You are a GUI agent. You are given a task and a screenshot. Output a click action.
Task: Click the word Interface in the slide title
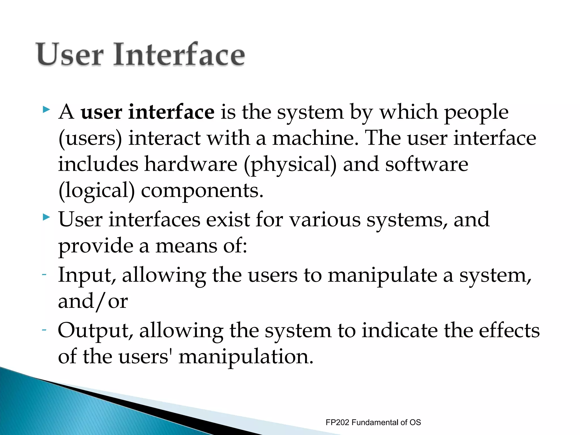[179, 54]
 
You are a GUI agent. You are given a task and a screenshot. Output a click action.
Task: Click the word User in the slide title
[70, 54]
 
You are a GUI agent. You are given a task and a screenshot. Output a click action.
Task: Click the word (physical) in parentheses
[290, 165]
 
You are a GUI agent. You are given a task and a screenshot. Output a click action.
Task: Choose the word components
[202, 191]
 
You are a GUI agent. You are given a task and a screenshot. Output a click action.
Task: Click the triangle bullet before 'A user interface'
[46, 110]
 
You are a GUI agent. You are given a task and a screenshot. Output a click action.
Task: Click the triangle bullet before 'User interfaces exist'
[46, 217]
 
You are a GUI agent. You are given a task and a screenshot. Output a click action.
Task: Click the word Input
[87, 275]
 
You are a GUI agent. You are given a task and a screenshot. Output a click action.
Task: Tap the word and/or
[93, 301]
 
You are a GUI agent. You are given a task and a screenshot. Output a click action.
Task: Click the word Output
[95, 331]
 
